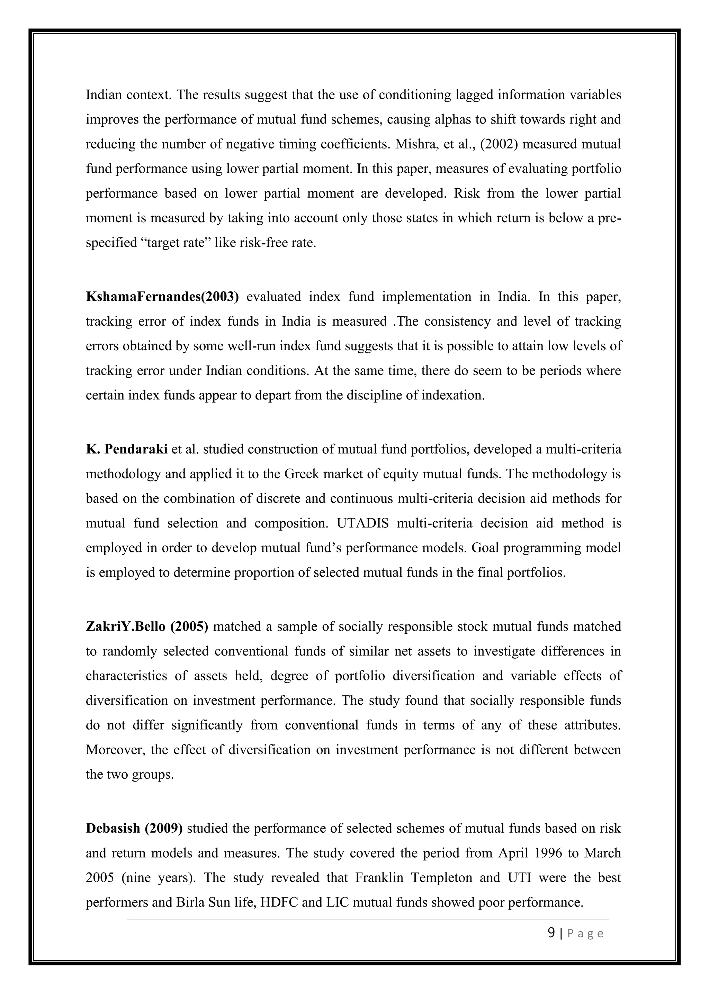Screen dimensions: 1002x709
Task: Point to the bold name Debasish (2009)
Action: [x=134, y=828]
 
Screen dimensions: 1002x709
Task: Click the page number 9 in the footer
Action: [x=551, y=933]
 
